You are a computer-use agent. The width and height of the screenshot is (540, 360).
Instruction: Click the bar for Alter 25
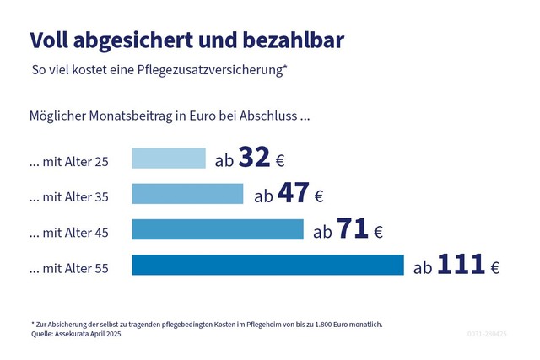pos(169,159)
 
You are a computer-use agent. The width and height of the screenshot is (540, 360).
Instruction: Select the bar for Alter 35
pos(187,195)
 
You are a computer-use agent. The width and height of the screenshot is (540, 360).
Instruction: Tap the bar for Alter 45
pos(218,230)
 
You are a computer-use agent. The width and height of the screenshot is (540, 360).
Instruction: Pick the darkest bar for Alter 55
pos(268,266)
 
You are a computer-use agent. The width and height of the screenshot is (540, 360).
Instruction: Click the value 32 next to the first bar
pos(254,158)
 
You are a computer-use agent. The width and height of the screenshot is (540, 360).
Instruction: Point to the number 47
pos(293,194)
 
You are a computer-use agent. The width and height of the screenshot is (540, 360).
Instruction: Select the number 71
pos(353,229)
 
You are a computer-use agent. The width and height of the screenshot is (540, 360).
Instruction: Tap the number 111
pos(461,265)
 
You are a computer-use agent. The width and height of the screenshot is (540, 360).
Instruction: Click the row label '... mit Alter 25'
pos(68,161)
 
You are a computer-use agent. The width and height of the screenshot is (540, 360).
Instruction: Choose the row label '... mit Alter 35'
pos(68,197)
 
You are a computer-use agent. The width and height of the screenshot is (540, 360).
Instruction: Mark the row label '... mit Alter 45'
pos(68,233)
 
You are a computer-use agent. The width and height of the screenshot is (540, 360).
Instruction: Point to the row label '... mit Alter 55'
pos(68,269)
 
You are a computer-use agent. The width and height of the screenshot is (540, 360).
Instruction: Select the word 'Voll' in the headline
pos(48,40)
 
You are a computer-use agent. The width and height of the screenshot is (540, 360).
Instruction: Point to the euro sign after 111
pos(494,268)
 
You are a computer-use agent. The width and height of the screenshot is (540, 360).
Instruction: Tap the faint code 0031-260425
pos(487,334)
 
